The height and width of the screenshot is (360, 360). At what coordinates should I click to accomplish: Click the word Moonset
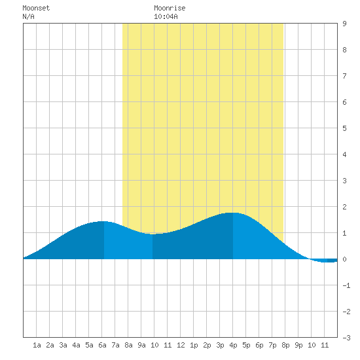(x=36, y=8)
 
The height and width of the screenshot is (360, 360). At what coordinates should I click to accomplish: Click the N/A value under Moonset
(x=28, y=16)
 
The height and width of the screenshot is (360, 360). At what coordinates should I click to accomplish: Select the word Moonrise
(x=170, y=8)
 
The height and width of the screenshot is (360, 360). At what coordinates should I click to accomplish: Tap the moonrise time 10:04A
(x=166, y=16)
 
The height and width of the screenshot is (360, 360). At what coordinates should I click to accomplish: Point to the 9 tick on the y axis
(x=344, y=24)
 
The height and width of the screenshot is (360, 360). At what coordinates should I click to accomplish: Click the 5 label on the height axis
(x=344, y=128)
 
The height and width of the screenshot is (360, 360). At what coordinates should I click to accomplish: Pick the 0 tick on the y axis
(x=344, y=259)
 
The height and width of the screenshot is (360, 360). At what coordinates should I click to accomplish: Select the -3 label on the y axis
(x=346, y=338)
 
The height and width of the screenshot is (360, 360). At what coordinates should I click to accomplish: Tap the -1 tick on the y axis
(x=346, y=285)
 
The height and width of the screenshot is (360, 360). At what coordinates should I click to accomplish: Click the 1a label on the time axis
(x=37, y=345)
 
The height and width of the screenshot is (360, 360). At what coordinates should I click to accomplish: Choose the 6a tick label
(x=102, y=345)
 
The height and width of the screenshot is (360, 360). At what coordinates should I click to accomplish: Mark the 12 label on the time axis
(x=181, y=345)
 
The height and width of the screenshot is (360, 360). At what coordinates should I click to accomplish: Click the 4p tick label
(x=233, y=345)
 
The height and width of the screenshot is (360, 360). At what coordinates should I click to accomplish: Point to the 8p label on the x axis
(x=285, y=345)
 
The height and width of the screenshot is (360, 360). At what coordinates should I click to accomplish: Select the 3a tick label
(x=63, y=345)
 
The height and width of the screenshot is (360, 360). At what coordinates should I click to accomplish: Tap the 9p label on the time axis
(x=298, y=345)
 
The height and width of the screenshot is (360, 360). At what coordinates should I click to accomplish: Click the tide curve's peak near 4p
(x=232, y=213)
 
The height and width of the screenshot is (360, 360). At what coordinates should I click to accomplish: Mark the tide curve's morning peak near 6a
(x=103, y=221)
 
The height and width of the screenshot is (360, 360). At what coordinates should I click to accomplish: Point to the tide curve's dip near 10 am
(x=153, y=234)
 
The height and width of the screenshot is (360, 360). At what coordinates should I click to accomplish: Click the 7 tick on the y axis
(x=344, y=76)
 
